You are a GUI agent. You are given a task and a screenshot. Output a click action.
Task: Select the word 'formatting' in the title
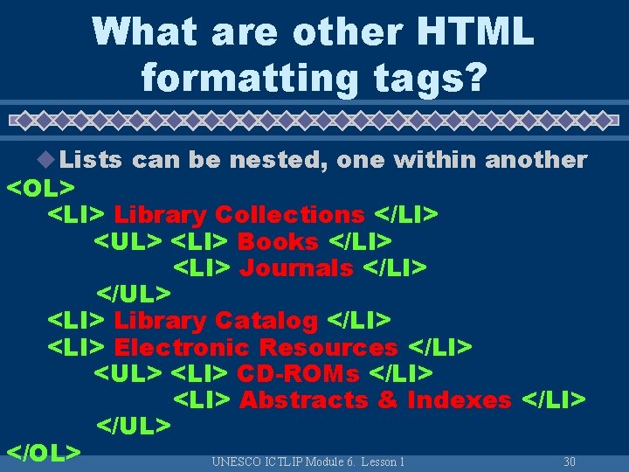[x=248, y=77]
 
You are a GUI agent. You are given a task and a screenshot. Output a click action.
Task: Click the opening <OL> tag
[x=40, y=187]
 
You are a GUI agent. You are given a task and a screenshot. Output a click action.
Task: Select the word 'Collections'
[x=289, y=214]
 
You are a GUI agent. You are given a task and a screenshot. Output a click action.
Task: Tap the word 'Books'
[x=278, y=240]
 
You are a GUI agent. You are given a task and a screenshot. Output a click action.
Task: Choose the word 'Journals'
[x=296, y=267]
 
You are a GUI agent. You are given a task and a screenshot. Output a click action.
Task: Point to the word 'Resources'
[x=328, y=347]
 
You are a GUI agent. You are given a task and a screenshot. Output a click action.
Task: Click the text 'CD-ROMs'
[x=298, y=373]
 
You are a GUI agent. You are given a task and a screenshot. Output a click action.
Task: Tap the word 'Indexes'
[x=459, y=400]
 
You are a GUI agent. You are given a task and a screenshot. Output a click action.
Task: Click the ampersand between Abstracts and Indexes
[x=387, y=400]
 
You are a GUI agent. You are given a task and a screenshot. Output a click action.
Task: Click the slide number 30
[x=570, y=461]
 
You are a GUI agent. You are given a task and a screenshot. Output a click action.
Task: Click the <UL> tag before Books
[x=128, y=240]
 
